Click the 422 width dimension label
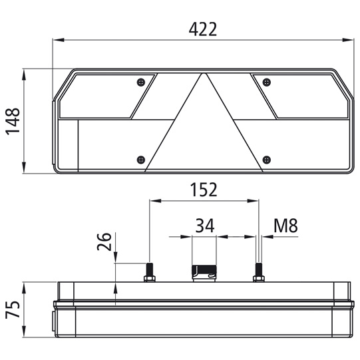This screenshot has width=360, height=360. click(203, 29)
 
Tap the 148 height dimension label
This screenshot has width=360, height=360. click(13, 121)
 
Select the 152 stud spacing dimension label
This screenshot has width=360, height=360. click(204, 190)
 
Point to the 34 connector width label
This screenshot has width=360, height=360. click(205, 226)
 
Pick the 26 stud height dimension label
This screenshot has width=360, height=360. click(104, 242)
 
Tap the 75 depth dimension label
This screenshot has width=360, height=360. click(13, 309)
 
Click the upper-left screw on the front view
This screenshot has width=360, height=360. click(141, 82)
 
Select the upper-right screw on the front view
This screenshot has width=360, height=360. click(266, 82)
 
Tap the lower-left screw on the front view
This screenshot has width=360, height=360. click(141, 160)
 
